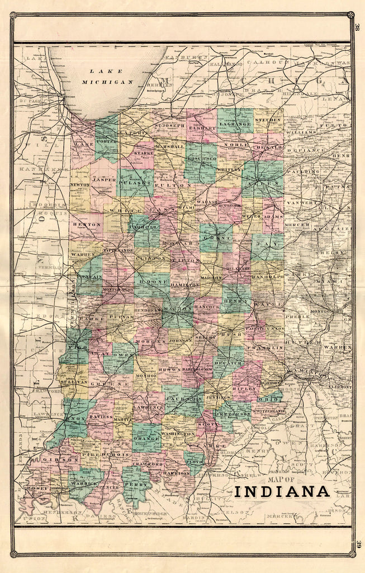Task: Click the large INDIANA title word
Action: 282,491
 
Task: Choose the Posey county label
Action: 37,488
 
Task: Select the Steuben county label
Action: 267,120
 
